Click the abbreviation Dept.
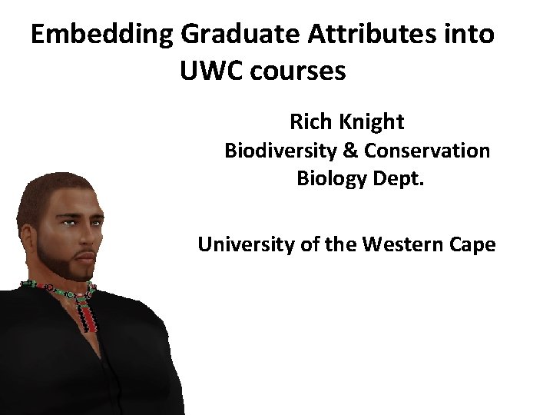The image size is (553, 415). pyautogui.click(x=389, y=179)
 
